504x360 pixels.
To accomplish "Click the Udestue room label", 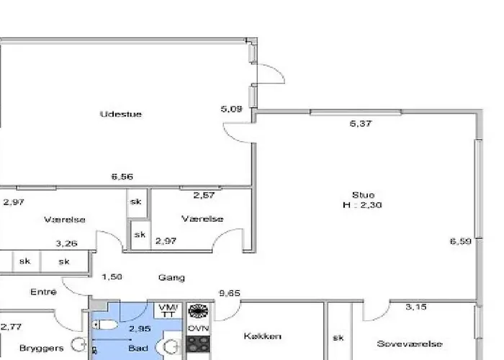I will click(120, 114).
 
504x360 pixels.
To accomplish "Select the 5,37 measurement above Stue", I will click(360, 123).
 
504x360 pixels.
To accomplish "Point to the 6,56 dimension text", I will click(122, 176).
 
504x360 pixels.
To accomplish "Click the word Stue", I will click(363, 195).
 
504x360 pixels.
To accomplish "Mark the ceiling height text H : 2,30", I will click(363, 205).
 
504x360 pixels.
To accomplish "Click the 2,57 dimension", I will click(204, 195).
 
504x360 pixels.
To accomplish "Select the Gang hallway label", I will click(171, 277).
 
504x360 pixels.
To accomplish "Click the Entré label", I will click(43, 292).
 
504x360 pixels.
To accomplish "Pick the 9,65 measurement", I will click(230, 293).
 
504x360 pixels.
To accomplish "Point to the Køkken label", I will click(262, 336).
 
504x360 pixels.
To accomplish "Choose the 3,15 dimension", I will click(416, 307).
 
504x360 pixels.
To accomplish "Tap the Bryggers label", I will click(42, 348).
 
